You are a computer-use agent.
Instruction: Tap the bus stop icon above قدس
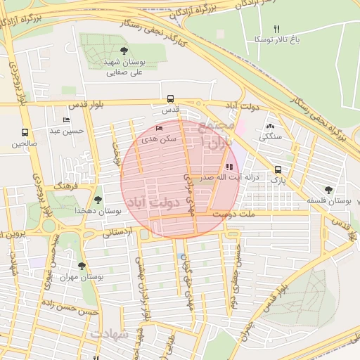171,99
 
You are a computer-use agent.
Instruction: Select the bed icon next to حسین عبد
67,120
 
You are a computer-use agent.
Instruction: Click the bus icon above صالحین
25,132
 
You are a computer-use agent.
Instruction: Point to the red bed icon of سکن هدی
159,128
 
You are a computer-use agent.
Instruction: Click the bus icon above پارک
278,169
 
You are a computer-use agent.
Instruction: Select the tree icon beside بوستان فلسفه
328,189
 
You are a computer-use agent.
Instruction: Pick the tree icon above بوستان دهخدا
98,200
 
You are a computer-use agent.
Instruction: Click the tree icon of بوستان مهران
82,266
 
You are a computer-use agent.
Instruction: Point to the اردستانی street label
117,231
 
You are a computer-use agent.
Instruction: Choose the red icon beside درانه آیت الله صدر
229,167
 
